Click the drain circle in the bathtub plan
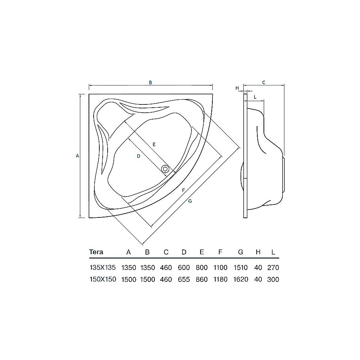[166, 168]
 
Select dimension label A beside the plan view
[77, 156]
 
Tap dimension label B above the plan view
[151, 82]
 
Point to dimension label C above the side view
[264, 82]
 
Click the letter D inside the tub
[138, 156]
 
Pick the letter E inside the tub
[154, 144]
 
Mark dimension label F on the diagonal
[183, 190]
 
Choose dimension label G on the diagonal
[190, 201]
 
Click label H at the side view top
[237, 88]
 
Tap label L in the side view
[255, 97]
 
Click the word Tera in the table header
[96, 252]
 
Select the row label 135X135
[103, 267]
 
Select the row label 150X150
[103, 279]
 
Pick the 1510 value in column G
[240, 267]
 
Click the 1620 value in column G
[240, 279]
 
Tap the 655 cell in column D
[184, 279]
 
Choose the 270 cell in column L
[274, 267]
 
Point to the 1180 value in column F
[220, 279]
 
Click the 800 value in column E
[202, 267]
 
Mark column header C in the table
[166, 252]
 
